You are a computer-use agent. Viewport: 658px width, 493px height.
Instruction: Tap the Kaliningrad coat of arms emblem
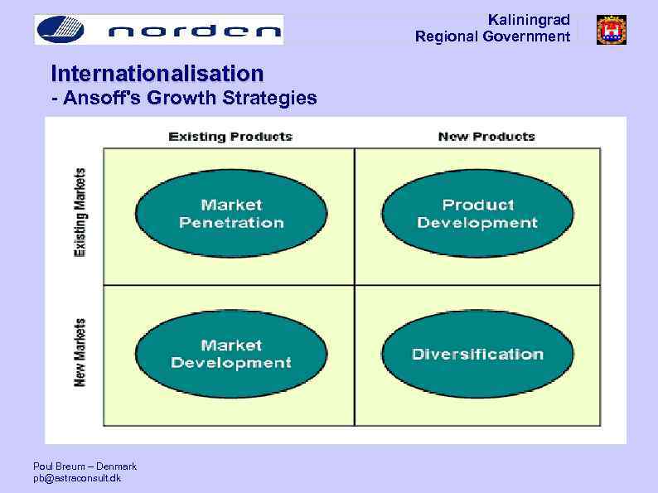612,30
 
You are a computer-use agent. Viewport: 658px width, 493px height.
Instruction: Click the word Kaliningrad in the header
529,19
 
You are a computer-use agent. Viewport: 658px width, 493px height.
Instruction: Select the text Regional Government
492,36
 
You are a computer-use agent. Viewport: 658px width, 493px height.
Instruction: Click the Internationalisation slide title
157,73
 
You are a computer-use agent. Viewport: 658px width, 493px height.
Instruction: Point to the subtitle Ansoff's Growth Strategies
183,99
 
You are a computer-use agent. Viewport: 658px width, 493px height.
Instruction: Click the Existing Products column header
230,136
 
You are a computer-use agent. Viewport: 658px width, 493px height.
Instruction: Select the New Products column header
486,136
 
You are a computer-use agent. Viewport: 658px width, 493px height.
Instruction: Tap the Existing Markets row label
80,212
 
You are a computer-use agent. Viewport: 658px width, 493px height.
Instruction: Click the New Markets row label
80,352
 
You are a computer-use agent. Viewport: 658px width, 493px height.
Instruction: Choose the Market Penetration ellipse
231,214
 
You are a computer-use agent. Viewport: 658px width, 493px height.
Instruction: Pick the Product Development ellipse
477,214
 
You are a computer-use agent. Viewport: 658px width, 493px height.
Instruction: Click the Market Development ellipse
231,354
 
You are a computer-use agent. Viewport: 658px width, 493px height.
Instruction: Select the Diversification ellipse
477,354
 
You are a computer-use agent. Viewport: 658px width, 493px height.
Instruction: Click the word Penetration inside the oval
231,223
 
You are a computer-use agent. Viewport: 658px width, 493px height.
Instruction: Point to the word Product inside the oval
478,205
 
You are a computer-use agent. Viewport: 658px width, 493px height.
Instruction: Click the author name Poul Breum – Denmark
85,466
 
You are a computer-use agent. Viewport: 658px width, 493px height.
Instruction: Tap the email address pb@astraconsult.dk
76,478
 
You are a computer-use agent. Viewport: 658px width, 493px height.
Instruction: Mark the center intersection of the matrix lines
355,285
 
